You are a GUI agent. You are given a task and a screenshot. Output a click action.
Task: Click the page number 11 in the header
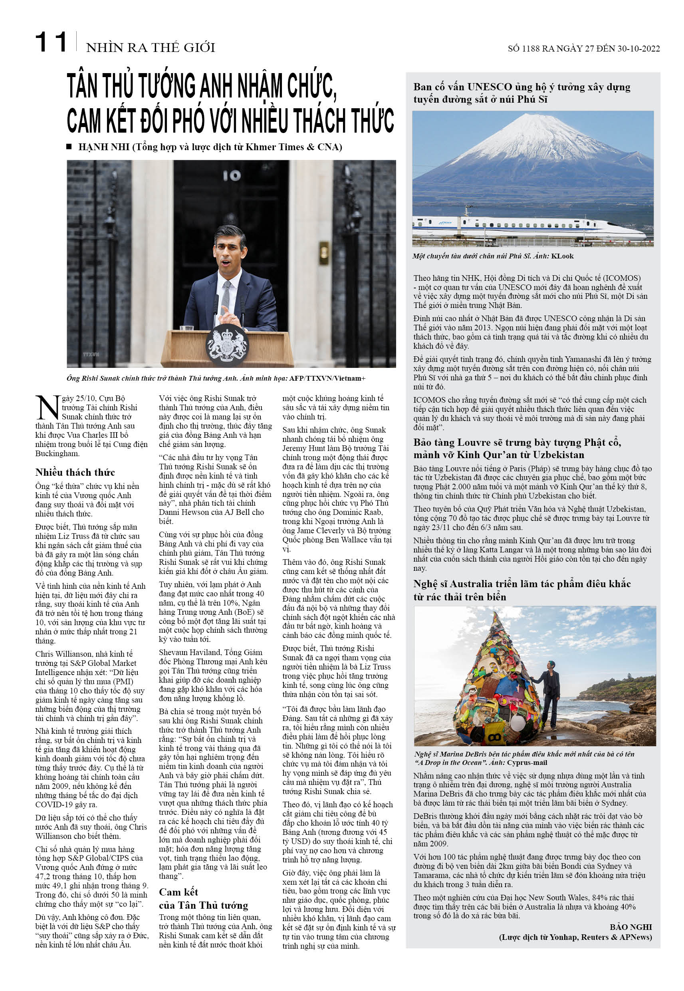pos(51,42)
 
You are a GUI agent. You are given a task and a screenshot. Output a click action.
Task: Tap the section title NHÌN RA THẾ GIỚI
pos(151,48)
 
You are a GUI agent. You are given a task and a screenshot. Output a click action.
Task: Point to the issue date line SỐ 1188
pos(583,48)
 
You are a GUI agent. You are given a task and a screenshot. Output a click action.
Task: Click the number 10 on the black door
pos(232,175)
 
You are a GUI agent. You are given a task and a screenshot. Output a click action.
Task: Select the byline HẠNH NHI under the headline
pos(104,147)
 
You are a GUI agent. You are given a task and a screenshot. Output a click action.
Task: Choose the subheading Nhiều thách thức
pos(75,473)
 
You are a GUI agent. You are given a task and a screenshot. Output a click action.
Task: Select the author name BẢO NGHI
pos(630,927)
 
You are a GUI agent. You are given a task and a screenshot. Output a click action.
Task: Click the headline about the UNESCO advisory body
pos(521,93)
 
